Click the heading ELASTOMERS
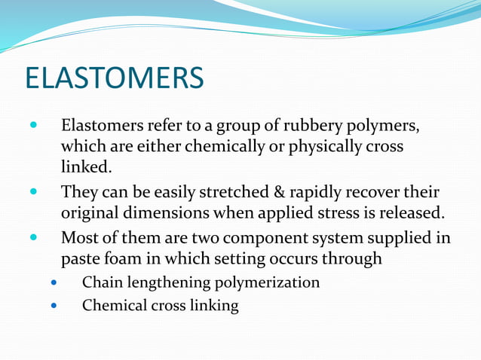[114, 78]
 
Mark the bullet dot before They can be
[32, 192]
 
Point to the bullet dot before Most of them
[32, 239]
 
